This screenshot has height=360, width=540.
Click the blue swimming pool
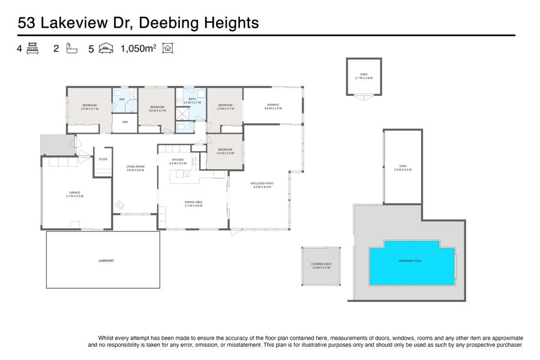(x=412, y=263)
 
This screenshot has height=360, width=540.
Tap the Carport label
(x=106, y=261)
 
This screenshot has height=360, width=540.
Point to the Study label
(x=103, y=159)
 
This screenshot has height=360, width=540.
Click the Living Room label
(x=136, y=168)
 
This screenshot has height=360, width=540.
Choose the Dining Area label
(x=194, y=203)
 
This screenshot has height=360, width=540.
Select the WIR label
(x=125, y=122)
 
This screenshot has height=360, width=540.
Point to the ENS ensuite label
(x=122, y=99)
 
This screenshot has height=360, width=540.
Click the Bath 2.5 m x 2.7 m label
(x=192, y=101)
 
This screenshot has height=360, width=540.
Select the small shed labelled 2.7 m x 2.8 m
(x=364, y=76)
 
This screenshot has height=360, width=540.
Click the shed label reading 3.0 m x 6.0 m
(x=403, y=168)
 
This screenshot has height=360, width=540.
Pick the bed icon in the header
(x=32, y=49)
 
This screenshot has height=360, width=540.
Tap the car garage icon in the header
(x=106, y=49)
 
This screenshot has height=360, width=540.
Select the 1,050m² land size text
(x=139, y=49)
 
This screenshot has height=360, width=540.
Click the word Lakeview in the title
(x=76, y=23)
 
